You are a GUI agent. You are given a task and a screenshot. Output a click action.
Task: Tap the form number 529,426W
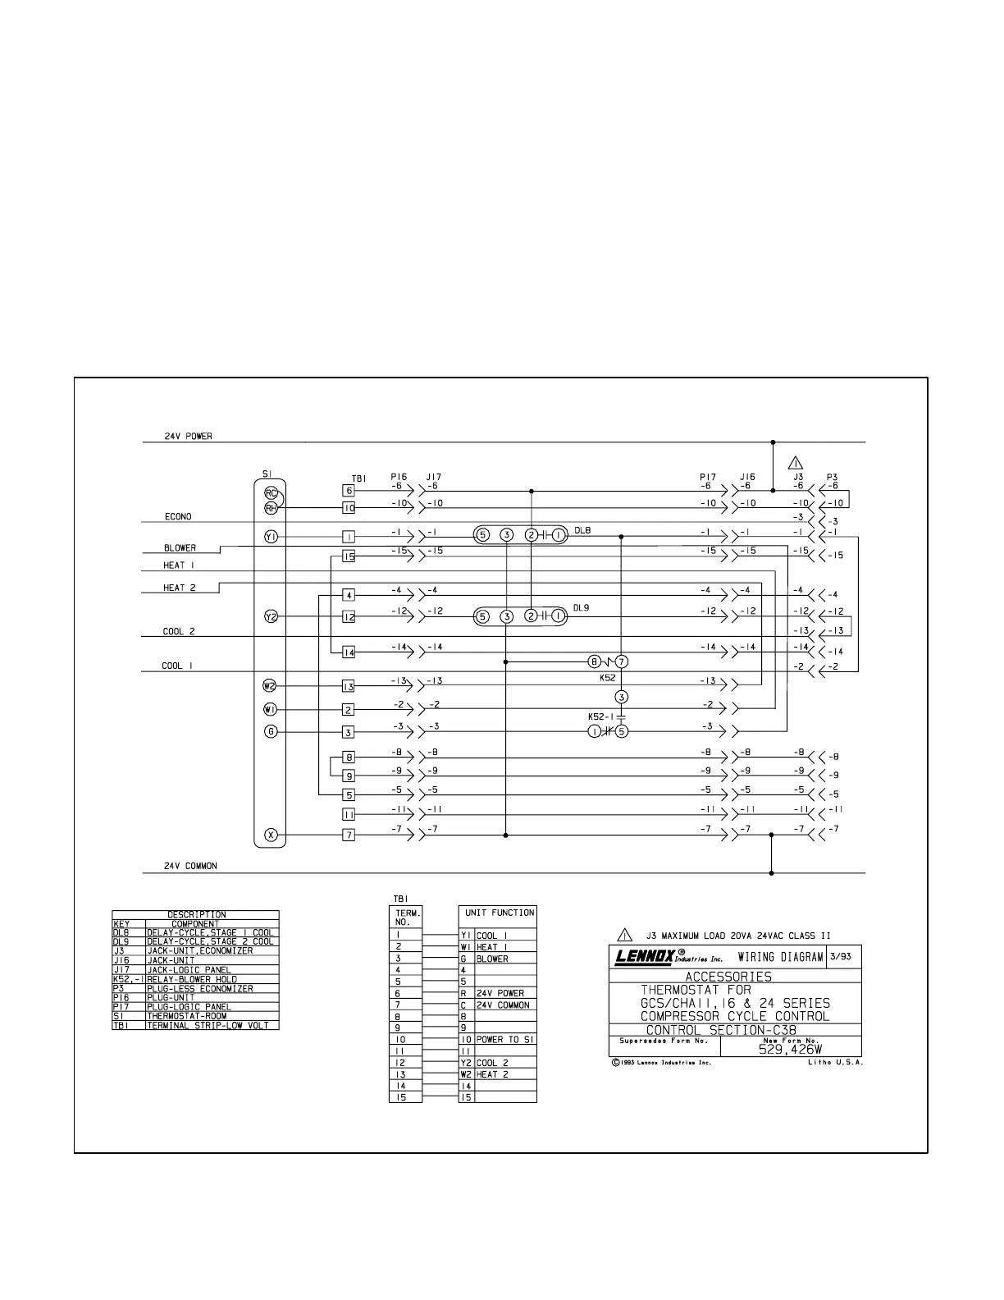pyautogui.click(x=792, y=1049)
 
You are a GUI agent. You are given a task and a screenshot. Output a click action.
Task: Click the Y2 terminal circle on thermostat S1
pyautogui.click(x=271, y=616)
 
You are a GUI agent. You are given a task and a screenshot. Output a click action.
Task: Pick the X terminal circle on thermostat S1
pyautogui.click(x=271, y=835)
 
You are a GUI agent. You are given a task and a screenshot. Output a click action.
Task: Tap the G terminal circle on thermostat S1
pyautogui.click(x=271, y=732)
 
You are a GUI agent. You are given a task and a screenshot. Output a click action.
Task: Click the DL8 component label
pyautogui.click(x=582, y=531)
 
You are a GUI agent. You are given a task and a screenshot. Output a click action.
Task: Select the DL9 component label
pyautogui.click(x=582, y=609)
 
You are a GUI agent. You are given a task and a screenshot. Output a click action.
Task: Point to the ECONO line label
pyautogui.click(x=178, y=517)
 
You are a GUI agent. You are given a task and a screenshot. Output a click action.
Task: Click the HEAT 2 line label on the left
pyautogui.click(x=180, y=588)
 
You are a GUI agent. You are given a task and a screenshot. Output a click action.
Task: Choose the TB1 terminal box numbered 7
pyautogui.click(x=349, y=835)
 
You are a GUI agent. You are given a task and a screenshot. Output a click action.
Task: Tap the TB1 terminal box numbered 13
pyautogui.click(x=349, y=686)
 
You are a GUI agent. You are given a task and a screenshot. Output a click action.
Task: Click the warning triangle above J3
pyautogui.click(x=795, y=463)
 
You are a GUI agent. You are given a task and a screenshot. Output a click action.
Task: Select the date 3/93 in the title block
pyautogui.click(x=841, y=956)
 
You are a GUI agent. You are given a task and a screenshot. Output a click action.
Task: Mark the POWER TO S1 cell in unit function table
pyautogui.click(x=505, y=1039)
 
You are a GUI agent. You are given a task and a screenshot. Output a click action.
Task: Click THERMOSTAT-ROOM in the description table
pyautogui.click(x=186, y=1016)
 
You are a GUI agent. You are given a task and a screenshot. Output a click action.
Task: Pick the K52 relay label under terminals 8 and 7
pyautogui.click(x=607, y=678)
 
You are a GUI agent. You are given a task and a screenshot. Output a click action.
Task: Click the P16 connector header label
pyautogui.click(x=399, y=476)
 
